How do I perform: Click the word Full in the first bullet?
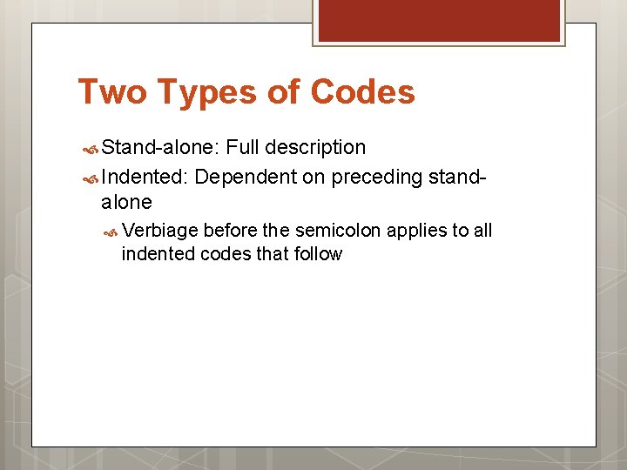tap(245, 147)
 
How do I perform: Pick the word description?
tap(318, 147)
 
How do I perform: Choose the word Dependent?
tap(246, 178)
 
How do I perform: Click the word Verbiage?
tap(160, 231)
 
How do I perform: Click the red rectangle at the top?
tap(438, 19)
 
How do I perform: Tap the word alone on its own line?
tap(127, 203)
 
